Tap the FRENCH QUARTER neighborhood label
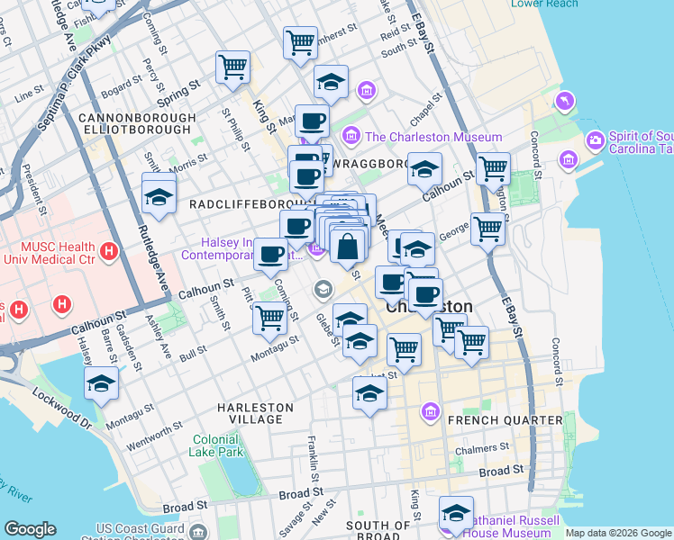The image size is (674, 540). tap(517, 420)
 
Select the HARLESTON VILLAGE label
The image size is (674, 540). tap(256, 414)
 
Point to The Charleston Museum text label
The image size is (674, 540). tap(433, 137)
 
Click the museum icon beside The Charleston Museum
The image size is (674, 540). tap(351, 137)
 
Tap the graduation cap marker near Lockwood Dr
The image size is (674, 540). tap(102, 384)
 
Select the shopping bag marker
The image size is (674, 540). tap(348, 246)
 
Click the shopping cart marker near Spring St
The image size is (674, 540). tap(233, 67)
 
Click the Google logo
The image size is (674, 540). tap(30, 529)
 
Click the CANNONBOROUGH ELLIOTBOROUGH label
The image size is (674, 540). tap(137, 124)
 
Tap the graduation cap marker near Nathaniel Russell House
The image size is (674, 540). tap(457, 513)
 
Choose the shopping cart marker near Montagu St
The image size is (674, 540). tap(269, 318)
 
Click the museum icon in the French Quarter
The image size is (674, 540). tap(431, 413)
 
